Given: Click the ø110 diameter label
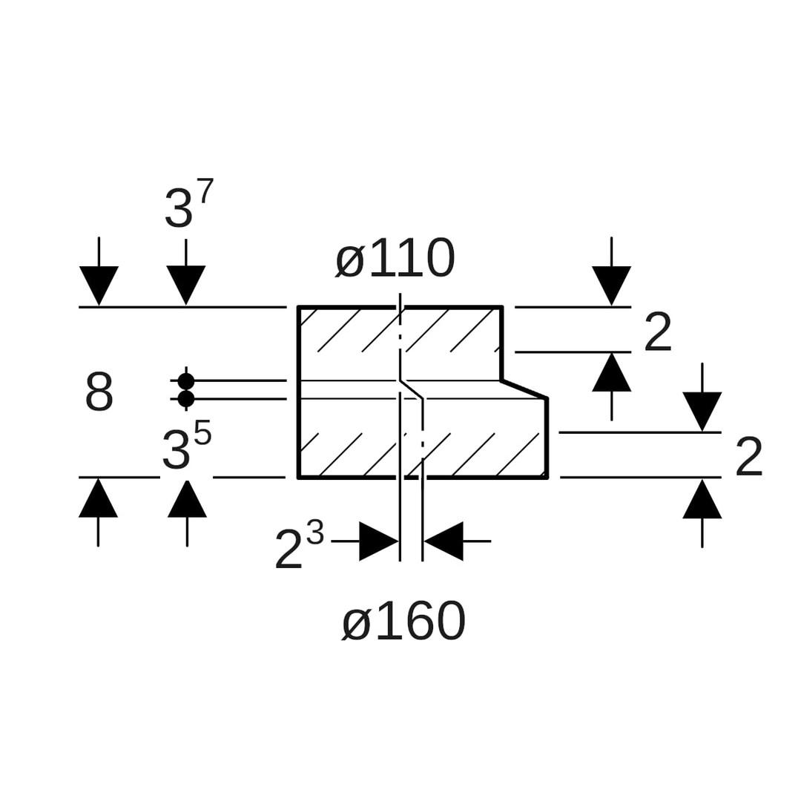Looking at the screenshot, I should [395, 260].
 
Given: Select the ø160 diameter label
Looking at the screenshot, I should [403, 622].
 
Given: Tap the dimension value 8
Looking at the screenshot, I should [99, 392].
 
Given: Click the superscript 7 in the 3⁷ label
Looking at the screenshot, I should [205, 191].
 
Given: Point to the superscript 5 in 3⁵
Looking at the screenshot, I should [202, 433].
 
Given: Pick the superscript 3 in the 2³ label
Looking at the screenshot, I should [315, 533].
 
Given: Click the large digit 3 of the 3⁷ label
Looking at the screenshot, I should [178, 209].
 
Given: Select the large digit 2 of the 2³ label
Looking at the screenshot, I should [289, 550].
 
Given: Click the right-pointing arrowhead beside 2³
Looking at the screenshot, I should [378, 541].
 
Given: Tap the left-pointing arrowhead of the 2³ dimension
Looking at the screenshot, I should [444, 541].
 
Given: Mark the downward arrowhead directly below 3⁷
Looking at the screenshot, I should [185, 284].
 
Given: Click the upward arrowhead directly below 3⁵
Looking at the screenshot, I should [187, 499].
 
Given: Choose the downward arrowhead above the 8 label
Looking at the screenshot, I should [99, 284].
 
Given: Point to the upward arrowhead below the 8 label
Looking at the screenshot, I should [98, 498].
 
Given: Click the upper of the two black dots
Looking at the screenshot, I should [186, 381].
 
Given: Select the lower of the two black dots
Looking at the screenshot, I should [186, 399].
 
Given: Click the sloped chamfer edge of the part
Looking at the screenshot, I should [524, 389].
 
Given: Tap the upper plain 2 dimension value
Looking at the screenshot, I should [658, 333].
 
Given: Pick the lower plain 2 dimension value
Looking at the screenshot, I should [748, 458].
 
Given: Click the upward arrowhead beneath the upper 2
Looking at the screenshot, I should [611, 373].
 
